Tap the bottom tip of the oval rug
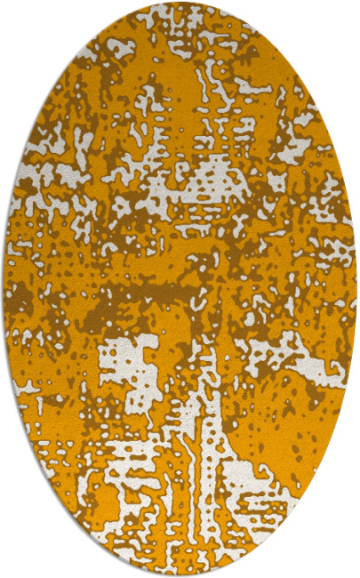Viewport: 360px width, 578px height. click(180, 574)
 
